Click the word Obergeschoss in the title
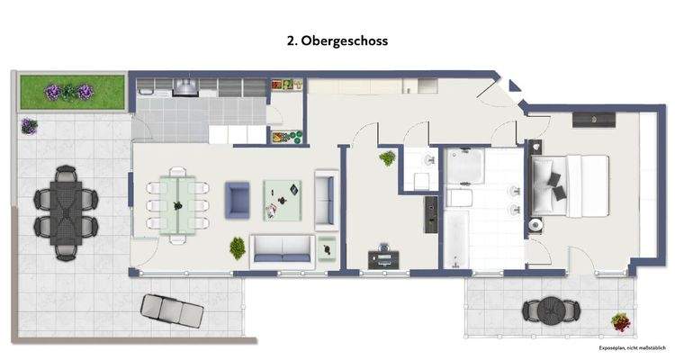pos(347,41)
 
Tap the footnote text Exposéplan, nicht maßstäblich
pos(632,346)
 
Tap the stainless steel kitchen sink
pos(186,86)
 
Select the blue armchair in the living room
pos(238,198)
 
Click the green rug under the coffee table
pos(283,199)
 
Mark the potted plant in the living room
pos(238,246)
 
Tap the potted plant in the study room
pos(388,159)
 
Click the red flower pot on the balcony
pos(620,319)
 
